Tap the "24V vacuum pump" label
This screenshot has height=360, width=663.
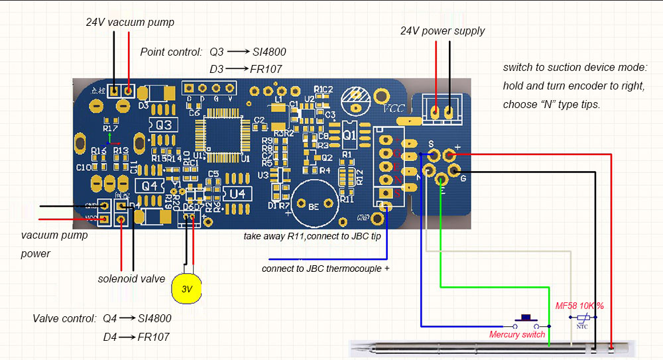coord(130,23)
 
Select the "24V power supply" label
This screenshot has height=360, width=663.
coord(442,31)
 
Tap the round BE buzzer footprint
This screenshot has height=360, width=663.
coord(313,207)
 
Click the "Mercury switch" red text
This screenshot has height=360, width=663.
coord(516,335)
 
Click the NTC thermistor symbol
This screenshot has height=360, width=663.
coord(583,319)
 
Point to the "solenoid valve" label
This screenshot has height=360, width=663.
coord(131,279)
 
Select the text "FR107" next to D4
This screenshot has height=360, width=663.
coord(153,337)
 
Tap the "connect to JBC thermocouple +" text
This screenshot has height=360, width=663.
coord(325,269)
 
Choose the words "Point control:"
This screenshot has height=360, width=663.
coord(171,52)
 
